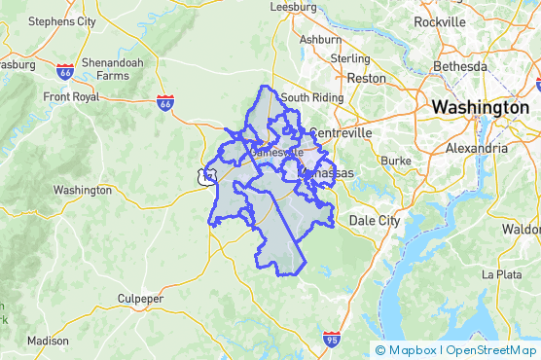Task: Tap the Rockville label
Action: tap(439, 21)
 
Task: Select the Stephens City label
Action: tap(62, 20)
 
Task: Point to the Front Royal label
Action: tap(71, 96)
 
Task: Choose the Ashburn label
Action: tap(320, 40)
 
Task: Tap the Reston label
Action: tap(367, 78)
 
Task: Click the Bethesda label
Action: tap(459, 65)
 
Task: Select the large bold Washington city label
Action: tap(480, 107)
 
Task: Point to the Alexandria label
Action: tap(476, 149)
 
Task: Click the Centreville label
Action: tap(340, 132)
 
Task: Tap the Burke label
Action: tap(396, 160)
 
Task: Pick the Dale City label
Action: tap(375, 221)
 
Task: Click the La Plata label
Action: tap(516, 274)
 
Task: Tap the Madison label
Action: tap(48, 341)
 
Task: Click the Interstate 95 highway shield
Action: tap(332, 339)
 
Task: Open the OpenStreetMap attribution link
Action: tap(490, 350)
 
